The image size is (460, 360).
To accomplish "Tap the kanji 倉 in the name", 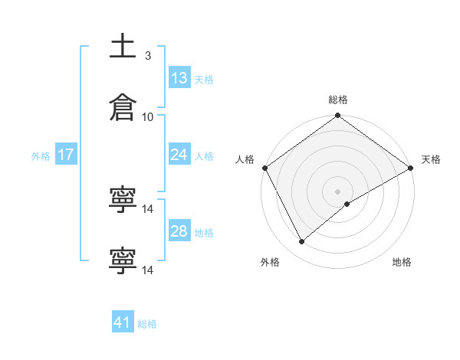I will (123, 108).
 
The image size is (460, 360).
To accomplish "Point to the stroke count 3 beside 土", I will (148, 56).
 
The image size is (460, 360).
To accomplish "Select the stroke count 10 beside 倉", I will (148, 116).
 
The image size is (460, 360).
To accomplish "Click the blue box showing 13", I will (179, 78).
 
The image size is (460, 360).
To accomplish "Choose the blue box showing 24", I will (179, 155).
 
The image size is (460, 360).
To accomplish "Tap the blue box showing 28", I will (179, 231).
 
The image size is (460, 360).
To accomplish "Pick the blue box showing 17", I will (66, 155).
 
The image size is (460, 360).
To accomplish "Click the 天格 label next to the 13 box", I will (204, 80).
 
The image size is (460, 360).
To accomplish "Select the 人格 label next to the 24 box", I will (204, 156).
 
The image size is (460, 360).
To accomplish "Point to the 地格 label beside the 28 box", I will (204, 233).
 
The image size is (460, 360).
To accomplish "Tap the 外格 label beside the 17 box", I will (41, 156).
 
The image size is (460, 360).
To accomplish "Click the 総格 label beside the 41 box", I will (147, 324).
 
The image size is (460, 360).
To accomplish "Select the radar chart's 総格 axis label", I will (338, 100).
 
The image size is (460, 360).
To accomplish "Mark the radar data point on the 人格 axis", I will (264, 168).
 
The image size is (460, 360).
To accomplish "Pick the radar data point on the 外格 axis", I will (302, 241).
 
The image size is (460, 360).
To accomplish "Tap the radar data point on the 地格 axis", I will (347, 204).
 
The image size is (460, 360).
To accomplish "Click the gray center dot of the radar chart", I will (338, 191).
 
